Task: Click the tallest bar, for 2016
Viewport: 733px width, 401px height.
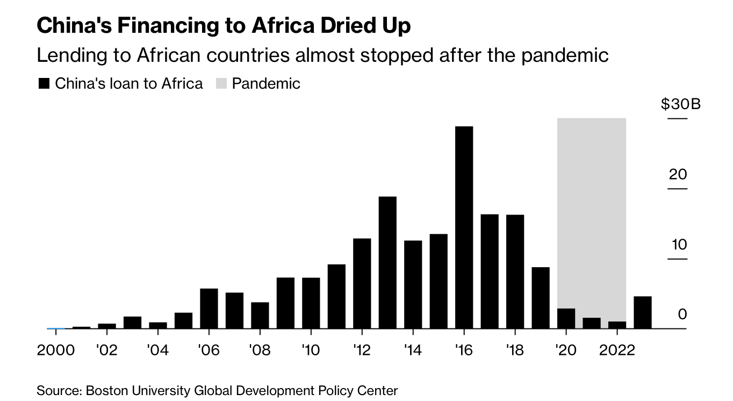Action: [x=464, y=227]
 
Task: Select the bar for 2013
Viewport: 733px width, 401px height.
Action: [x=387, y=262]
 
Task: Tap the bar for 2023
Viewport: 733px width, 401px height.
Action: [x=643, y=312]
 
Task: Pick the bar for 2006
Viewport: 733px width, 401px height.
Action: [x=209, y=309]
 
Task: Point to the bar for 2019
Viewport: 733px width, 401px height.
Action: [x=541, y=298]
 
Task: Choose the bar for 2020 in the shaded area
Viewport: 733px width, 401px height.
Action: [x=566, y=318]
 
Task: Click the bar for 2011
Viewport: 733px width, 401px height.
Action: [x=336, y=296]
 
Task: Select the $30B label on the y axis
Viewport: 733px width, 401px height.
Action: [x=681, y=104]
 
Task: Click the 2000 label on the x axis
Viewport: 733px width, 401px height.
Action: [x=55, y=350]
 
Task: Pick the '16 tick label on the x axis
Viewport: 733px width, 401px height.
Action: [x=463, y=350]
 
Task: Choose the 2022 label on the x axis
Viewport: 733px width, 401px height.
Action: [x=616, y=350]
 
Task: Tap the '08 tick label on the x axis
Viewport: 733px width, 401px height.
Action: [x=260, y=350]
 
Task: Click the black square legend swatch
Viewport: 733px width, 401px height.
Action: [x=44, y=84]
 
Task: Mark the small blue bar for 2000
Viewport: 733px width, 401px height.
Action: [x=56, y=328]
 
